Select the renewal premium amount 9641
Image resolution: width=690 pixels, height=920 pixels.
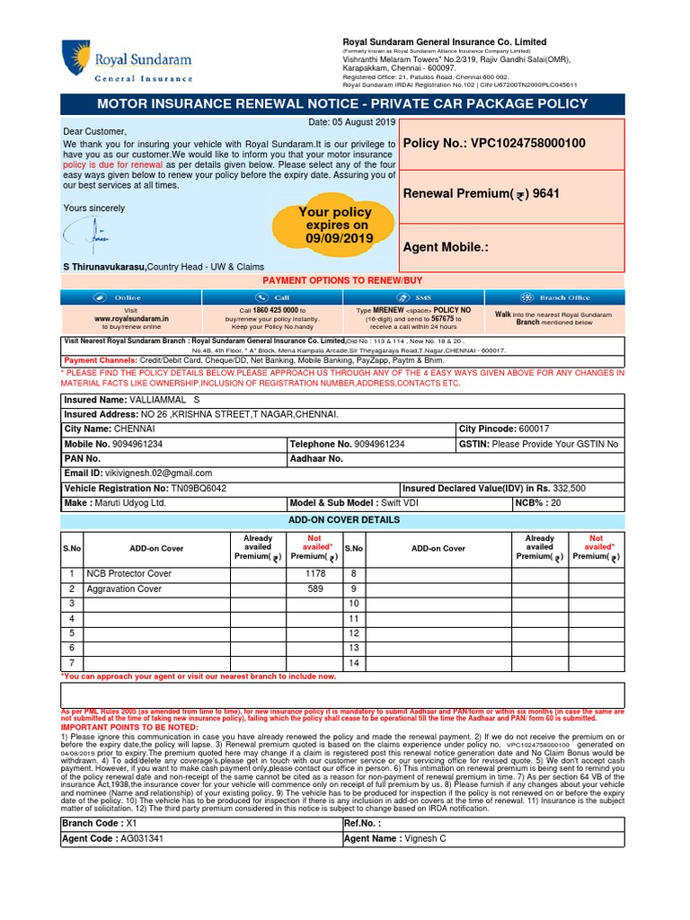547,193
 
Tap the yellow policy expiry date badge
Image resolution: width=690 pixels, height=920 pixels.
335,226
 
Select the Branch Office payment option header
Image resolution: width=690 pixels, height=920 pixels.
554,297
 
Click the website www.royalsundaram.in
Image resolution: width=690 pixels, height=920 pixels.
131,318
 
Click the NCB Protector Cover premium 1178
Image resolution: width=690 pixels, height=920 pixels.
314,573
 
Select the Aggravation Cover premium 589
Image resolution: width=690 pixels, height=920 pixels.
314,588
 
